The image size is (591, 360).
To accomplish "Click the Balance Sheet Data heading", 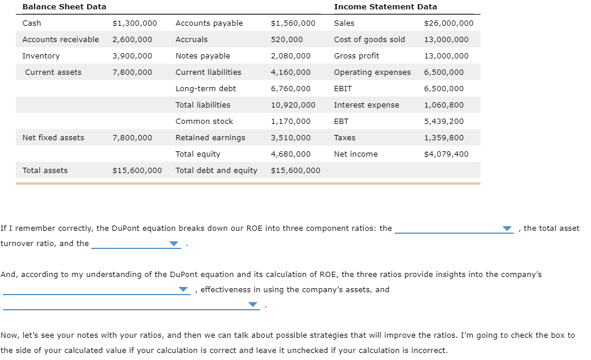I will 64,6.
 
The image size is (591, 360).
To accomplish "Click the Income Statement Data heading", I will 385,6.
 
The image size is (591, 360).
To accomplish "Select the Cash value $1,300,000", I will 134,23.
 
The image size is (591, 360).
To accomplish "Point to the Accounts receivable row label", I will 60,39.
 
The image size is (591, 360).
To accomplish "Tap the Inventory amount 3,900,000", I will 132,56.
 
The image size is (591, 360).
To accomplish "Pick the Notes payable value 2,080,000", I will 291,56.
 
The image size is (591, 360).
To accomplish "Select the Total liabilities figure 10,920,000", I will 293,105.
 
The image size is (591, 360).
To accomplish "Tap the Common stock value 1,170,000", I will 291,121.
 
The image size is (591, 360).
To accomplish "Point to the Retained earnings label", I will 210,137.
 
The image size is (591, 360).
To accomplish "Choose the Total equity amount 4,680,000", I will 291,154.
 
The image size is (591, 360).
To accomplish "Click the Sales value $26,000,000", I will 448,23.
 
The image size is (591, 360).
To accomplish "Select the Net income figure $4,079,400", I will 446,154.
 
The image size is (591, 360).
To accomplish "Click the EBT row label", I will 341,121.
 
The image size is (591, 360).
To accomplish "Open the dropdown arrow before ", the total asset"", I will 507,229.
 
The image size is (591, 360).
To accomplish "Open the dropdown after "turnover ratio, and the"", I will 174,244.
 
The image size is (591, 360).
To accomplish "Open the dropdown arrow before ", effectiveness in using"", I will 184,290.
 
